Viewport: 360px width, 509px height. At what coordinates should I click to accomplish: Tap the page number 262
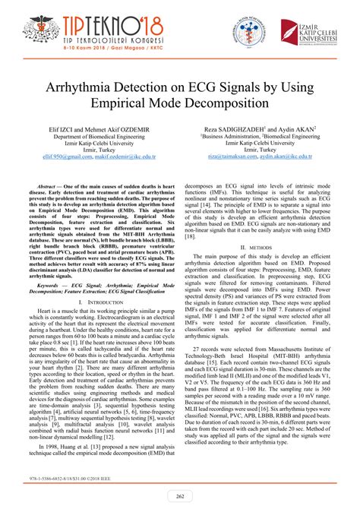point(179,496)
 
